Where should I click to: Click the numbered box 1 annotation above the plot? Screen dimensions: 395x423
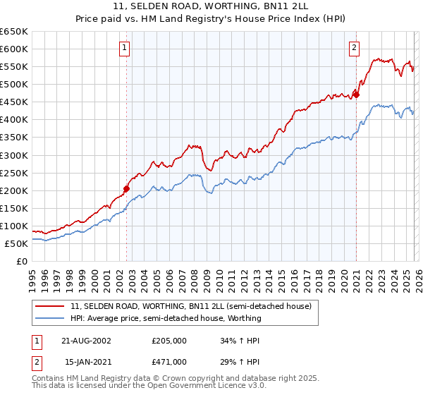(x=124, y=48)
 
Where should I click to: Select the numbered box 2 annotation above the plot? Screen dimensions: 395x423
(x=353, y=48)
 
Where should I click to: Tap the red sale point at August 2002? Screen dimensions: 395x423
(x=127, y=188)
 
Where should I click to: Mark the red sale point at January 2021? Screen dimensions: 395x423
(x=356, y=95)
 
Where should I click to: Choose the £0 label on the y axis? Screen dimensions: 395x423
(x=21, y=262)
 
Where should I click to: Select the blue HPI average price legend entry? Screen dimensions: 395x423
(x=166, y=318)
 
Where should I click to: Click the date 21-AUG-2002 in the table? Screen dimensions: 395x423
(x=87, y=341)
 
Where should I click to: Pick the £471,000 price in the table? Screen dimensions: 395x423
(x=169, y=362)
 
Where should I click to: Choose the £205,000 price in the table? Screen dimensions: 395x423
(x=169, y=341)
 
